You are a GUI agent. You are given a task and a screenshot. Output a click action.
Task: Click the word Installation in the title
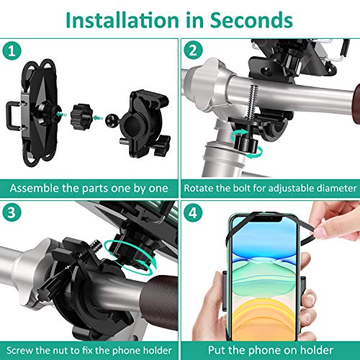122,20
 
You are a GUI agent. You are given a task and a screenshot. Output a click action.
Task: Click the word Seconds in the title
251,20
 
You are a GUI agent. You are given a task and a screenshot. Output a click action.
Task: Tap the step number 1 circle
12,51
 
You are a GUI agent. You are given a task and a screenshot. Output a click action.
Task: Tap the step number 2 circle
193,50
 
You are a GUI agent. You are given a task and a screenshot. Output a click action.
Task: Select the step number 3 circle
12,212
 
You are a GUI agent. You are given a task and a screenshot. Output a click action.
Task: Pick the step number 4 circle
193,212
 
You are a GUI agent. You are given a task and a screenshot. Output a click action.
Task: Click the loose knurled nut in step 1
81,117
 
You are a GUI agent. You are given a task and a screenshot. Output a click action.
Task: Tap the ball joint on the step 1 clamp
112,120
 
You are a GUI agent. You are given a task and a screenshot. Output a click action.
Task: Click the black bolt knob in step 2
246,142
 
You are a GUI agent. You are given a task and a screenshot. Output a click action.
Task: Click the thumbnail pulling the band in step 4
321,233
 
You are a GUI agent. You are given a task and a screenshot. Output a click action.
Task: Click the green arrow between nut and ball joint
98,118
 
